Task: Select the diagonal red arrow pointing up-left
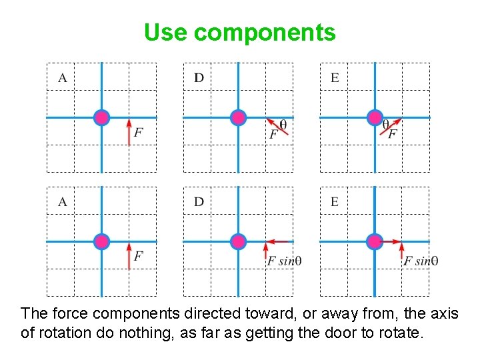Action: [x=277, y=126]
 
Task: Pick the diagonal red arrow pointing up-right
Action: [x=391, y=127]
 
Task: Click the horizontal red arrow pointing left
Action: [x=277, y=241]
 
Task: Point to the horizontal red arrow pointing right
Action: [x=391, y=241]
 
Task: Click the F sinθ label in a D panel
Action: [x=285, y=261]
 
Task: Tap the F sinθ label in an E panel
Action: [x=421, y=261]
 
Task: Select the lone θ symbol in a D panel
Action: [x=283, y=123]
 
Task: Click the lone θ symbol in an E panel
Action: [x=385, y=123]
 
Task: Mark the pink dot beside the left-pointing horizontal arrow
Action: [x=238, y=241]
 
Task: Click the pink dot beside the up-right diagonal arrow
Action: [x=375, y=118]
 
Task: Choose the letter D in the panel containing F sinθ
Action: [x=199, y=202]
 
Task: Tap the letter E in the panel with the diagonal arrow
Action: [x=335, y=78]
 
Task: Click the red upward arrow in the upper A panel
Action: [x=129, y=132]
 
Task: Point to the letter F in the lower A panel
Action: [x=138, y=256]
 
